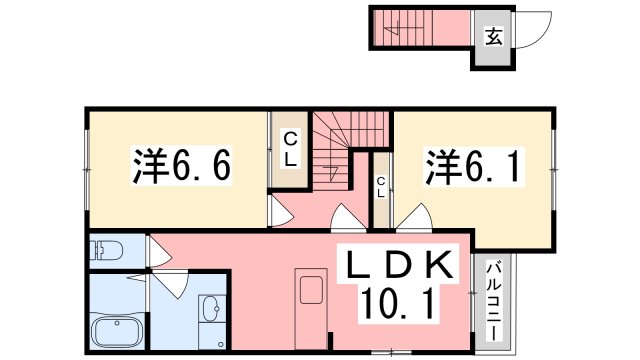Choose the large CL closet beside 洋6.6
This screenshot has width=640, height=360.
(x=288, y=150)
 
